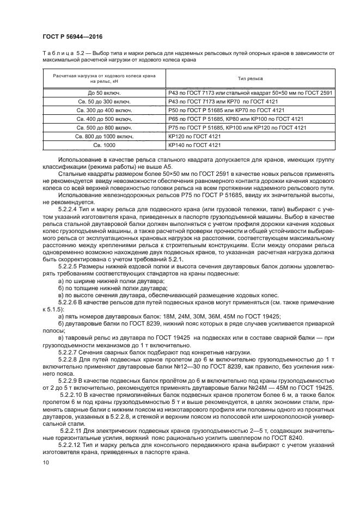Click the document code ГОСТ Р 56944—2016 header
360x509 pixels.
tap(72, 36)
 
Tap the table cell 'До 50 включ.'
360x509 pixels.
tap(103, 94)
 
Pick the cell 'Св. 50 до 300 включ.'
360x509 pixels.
tap(103, 102)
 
